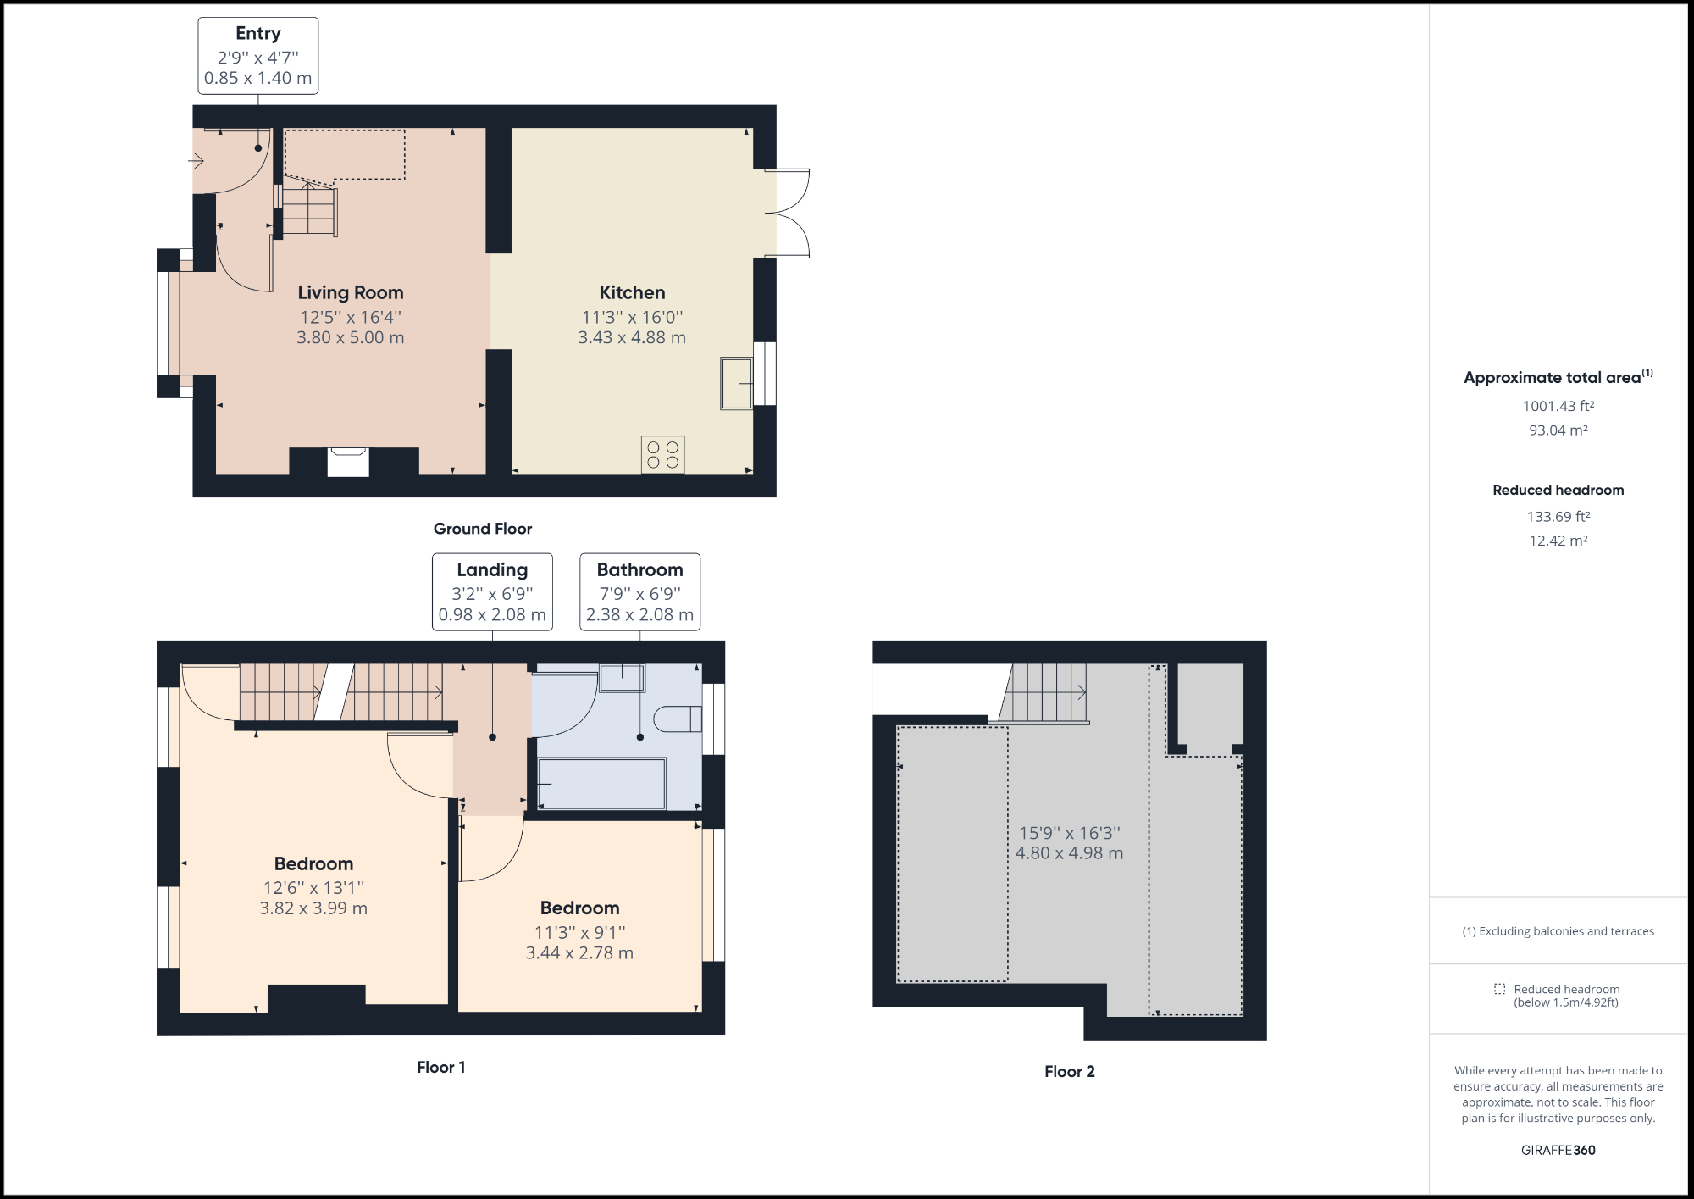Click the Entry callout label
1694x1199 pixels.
pyautogui.click(x=257, y=55)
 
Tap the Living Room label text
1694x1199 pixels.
pyautogui.click(x=351, y=293)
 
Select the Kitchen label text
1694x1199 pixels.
pyautogui.click(x=632, y=293)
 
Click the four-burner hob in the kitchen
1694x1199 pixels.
pyautogui.click(x=662, y=455)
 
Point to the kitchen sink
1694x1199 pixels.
pyautogui.click(x=736, y=384)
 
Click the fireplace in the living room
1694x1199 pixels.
pyautogui.click(x=348, y=462)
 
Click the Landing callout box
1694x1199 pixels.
pyautogui.click(x=492, y=591)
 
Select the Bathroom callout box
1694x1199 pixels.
pyautogui.click(x=639, y=591)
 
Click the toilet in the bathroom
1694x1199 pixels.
pyautogui.click(x=678, y=719)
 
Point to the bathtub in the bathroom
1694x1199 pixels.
pyautogui.click(x=601, y=784)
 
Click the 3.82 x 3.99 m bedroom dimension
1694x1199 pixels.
pyautogui.click(x=313, y=908)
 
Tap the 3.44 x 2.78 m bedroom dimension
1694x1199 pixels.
pyautogui.click(x=579, y=953)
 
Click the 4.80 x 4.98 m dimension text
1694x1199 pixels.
pyautogui.click(x=1069, y=853)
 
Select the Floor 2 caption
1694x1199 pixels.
pyautogui.click(x=1069, y=1072)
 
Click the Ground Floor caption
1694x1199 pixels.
pyautogui.click(x=483, y=529)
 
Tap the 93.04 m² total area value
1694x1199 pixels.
pyautogui.click(x=1558, y=430)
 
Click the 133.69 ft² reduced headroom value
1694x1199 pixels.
pyautogui.click(x=1558, y=517)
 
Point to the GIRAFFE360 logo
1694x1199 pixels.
pyautogui.click(x=1558, y=1151)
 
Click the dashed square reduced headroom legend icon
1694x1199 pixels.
pyautogui.click(x=1499, y=989)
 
